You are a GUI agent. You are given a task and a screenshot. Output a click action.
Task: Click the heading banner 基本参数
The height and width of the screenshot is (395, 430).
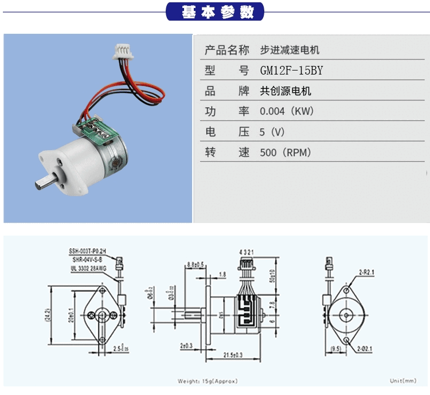click(x=215, y=11)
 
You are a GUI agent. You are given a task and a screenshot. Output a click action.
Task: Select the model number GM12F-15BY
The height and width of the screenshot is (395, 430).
click(x=291, y=71)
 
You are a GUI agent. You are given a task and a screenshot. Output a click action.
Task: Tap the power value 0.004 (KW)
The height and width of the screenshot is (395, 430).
click(x=287, y=111)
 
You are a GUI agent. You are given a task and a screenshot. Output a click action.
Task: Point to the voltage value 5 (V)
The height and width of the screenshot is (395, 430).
click(x=272, y=132)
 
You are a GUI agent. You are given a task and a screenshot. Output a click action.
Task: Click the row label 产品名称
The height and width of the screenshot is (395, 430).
click(x=227, y=50)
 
